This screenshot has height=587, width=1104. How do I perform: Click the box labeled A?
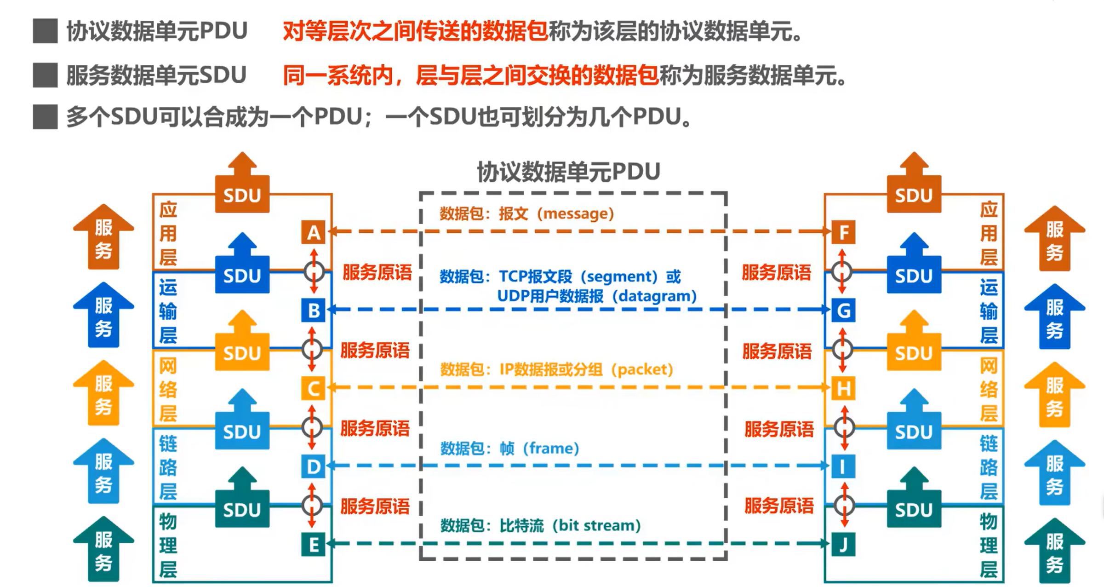tap(313, 232)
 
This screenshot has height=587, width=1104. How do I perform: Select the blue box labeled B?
tap(313, 310)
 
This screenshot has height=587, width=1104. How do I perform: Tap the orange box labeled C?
tap(313, 388)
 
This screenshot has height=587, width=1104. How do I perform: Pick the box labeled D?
tap(313, 466)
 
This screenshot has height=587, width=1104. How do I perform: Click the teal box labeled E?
tap(313, 545)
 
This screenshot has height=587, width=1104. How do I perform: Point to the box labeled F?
tap(843, 232)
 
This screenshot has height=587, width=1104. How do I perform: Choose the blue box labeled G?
tap(843, 310)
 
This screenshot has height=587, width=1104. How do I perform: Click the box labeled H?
tap(843, 388)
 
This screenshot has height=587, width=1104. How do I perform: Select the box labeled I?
tap(843, 466)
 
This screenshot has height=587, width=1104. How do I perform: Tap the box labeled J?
tap(843, 545)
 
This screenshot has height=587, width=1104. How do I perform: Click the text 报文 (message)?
tap(556, 213)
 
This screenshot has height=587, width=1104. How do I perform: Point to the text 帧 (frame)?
tap(539, 448)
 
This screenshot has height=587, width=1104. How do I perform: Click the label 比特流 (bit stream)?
tap(570, 525)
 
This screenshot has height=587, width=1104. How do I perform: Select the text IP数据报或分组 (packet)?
tap(586, 369)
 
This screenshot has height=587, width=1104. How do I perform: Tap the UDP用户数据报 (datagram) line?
tap(597, 296)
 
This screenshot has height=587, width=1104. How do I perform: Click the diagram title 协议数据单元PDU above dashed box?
tap(568, 172)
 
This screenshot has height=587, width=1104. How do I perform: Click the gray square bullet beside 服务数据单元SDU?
tap(45, 75)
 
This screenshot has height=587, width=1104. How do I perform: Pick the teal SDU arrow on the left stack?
tap(242, 497)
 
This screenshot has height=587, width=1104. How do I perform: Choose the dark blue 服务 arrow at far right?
tap(1054, 316)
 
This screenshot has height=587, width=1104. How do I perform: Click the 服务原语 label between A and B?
tap(377, 273)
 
